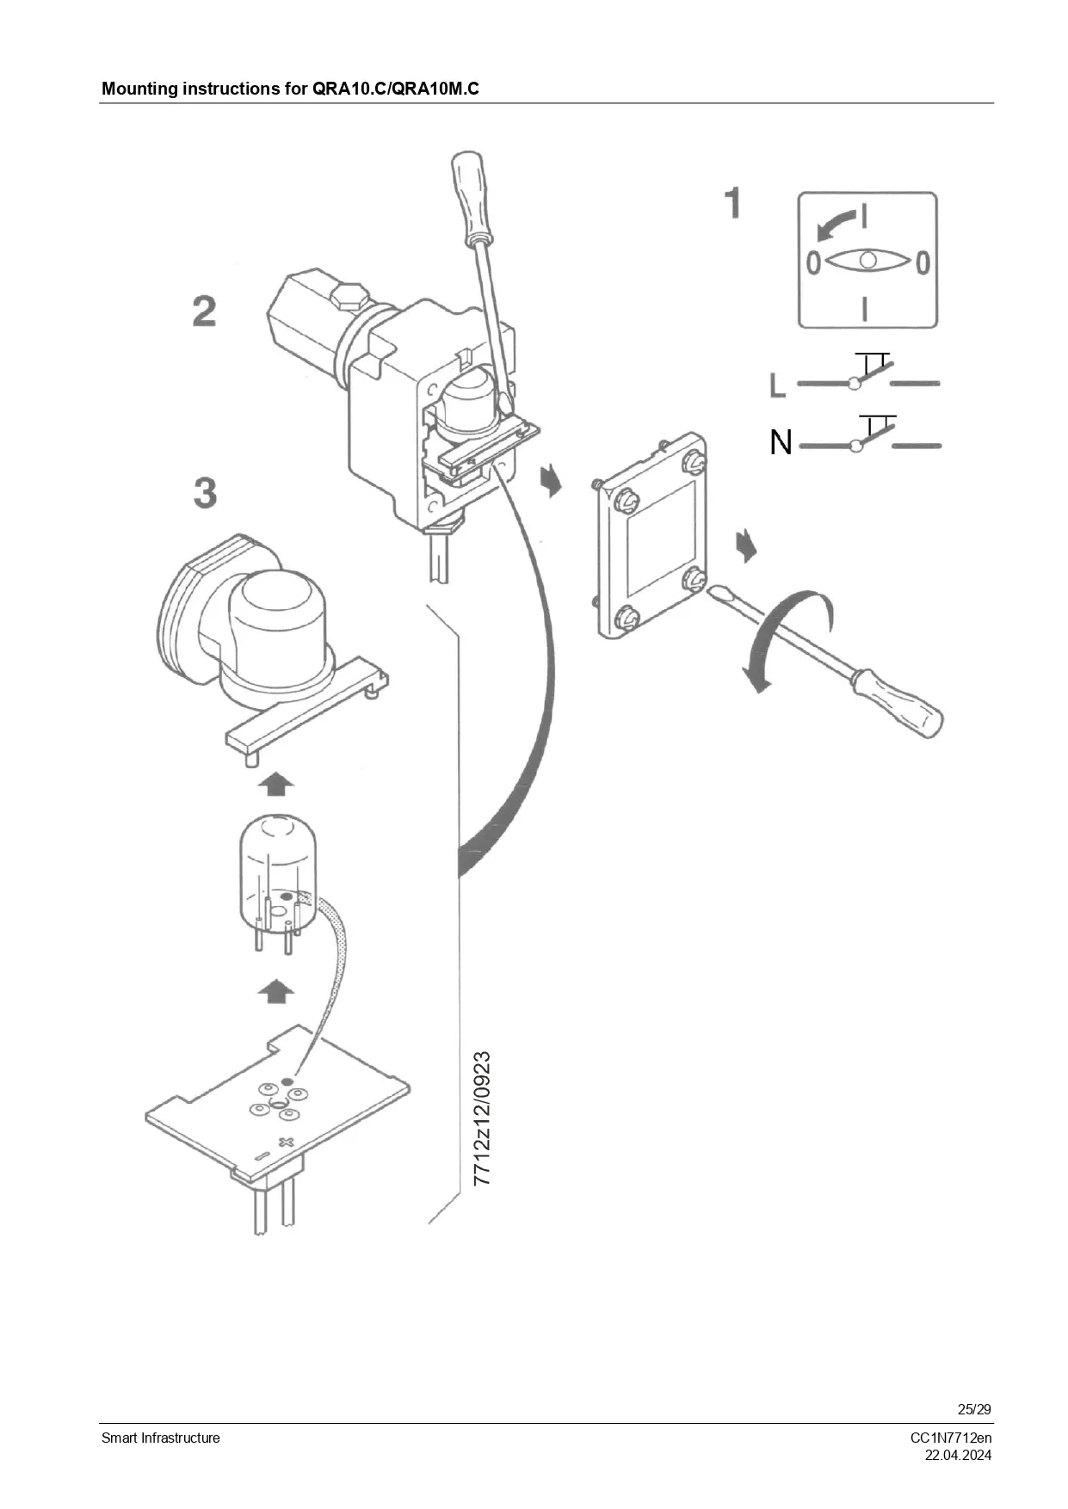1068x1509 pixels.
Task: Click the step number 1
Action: pyautogui.click(x=732, y=203)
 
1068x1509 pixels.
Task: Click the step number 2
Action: pyautogui.click(x=205, y=311)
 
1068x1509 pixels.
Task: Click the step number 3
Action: pyautogui.click(x=205, y=492)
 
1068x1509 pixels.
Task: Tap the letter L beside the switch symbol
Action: pyautogui.click(x=778, y=385)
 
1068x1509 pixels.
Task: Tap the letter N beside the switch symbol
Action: pyautogui.click(x=781, y=442)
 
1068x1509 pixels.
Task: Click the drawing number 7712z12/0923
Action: pyautogui.click(x=482, y=1118)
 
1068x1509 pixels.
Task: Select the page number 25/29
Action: pyautogui.click(x=974, y=1409)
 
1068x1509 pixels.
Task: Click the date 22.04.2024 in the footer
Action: pyautogui.click(x=958, y=1456)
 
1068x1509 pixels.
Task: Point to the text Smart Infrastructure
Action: pyautogui.click(x=161, y=1438)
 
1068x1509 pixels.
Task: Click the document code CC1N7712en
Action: pyautogui.click(x=951, y=1438)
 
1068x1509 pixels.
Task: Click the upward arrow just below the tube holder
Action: pyautogui.click(x=275, y=784)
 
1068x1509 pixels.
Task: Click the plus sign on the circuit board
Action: pyautogui.click(x=287, y=1142)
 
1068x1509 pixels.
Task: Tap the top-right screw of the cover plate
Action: pyautogui.click(x=694, y=463)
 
